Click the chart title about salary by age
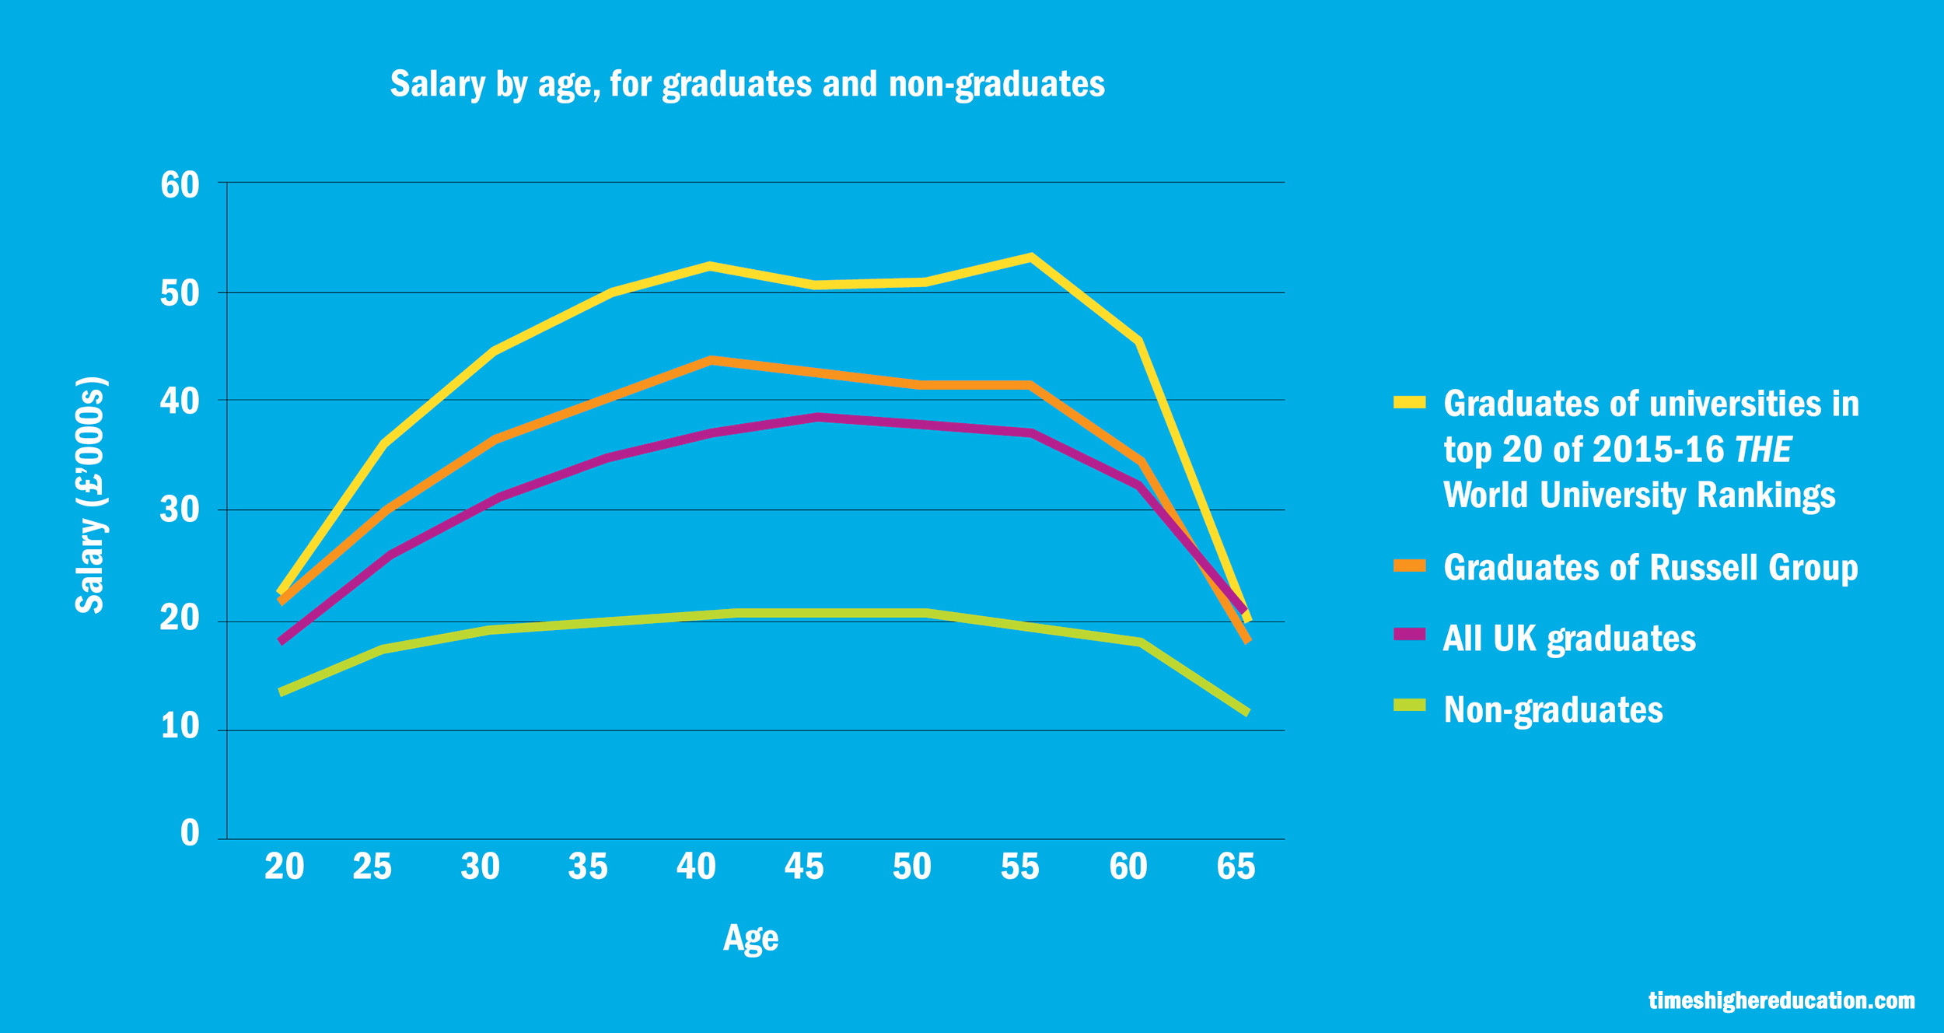[746, 84]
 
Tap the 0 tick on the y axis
[190, 833]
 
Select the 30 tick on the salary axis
[180, 510]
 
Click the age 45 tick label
[803, 867]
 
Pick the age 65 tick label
[1236, 867]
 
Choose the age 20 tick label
[284, 867]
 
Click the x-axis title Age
[750, 937]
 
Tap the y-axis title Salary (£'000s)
[90, 496]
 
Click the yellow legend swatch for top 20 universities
[1409, 402]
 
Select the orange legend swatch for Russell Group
[1409, 566]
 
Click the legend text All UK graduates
[1569, 639]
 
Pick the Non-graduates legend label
[1553, 710]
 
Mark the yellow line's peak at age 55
[1030, 257]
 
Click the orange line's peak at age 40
[710, 360]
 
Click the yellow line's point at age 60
[1139, 341]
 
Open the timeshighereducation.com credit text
[1781, 1000]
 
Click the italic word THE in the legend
[1763, 450]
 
